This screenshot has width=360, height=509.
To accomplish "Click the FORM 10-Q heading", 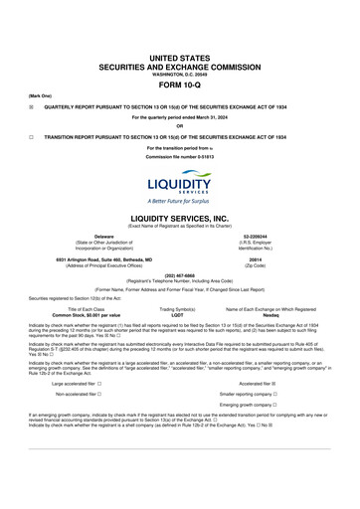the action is (x=179, y=83).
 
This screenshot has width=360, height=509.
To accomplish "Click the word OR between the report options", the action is (x=179, y=125).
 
